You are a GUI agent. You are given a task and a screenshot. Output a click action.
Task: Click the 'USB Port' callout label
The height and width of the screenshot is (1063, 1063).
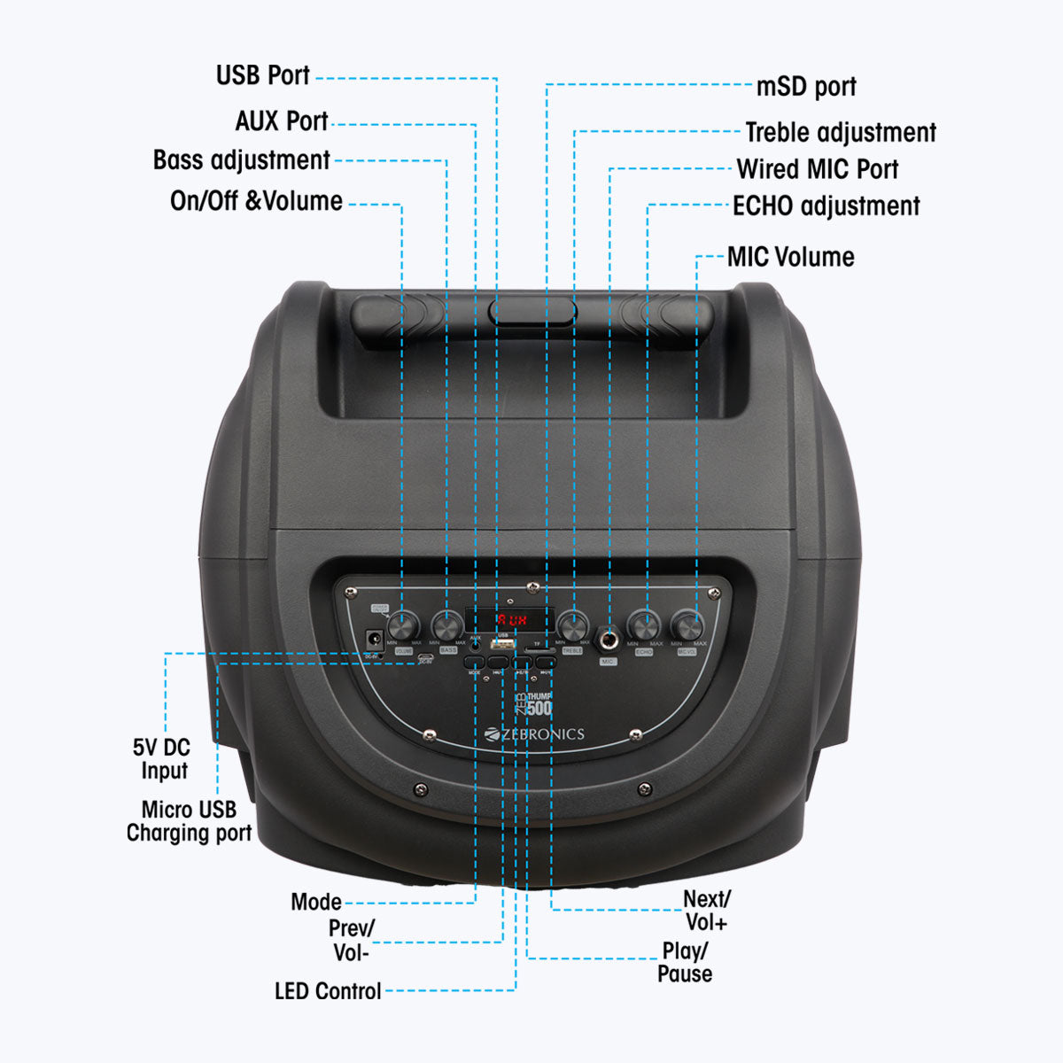tap(263, 75)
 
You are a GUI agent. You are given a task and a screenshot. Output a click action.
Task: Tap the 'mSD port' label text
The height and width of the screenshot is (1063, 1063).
tap(806, 87)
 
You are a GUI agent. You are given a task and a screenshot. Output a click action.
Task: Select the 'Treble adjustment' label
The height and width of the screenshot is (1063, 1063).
tap(840, 133)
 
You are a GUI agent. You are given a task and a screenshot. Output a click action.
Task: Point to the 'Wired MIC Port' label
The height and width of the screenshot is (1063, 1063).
tap(817, 169)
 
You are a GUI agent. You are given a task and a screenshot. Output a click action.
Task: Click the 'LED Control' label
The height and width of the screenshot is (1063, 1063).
tap(328, 991)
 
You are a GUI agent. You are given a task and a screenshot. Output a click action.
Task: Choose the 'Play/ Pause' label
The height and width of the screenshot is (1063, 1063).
tap(685, 962)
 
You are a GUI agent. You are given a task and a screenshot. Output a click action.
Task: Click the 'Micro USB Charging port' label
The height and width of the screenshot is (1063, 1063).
tap(189, 821)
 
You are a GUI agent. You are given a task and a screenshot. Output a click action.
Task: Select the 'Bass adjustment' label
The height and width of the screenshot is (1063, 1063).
tap(242, 160)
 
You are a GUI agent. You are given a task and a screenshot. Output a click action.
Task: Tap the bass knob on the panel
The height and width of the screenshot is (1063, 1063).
tap(447, 627)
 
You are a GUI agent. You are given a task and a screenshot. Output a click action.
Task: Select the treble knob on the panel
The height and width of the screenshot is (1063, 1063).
tap(573, 627)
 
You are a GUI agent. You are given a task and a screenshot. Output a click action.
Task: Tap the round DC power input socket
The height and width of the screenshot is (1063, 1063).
tap(375, 638)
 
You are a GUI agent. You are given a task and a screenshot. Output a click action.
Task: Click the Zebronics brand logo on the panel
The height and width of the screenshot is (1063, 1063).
tap(535, 733)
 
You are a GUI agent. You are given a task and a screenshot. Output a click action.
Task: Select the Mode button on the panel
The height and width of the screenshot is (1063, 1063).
tap(475, 662)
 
